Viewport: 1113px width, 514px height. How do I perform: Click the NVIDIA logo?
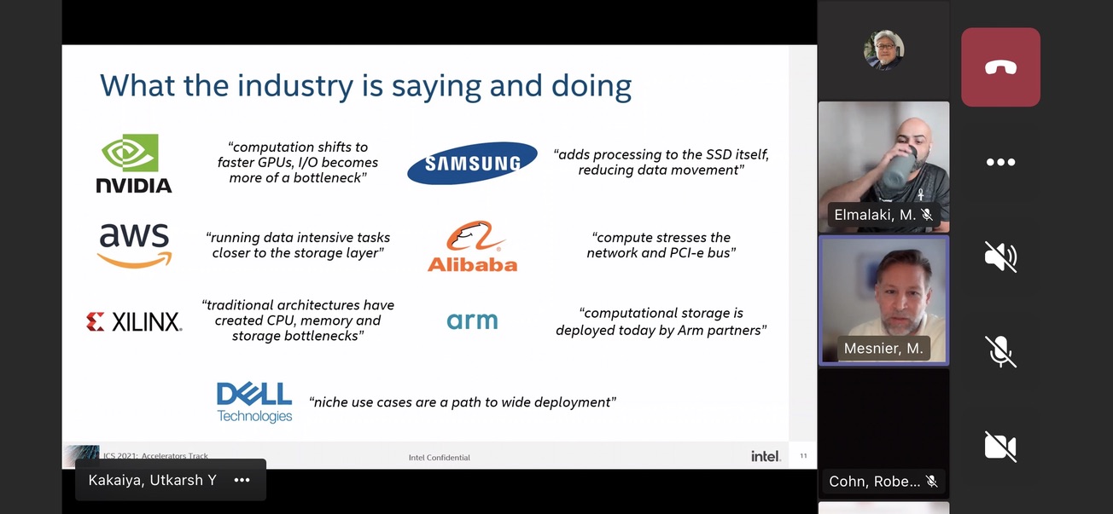click(x=134, y=163)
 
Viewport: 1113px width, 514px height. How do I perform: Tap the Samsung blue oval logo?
click(x=472, y=163)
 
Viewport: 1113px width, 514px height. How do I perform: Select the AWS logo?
click(x=135, y=245)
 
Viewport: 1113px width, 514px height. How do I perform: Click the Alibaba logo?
click(x=472, y=246)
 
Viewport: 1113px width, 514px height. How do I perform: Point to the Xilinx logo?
click(x=134, y=321)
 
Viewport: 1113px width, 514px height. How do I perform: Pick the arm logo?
click(x=472, y=321)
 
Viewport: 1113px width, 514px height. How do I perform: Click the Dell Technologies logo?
click(x=254, y=402)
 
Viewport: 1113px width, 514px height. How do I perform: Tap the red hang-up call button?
click(x=1000, y=67)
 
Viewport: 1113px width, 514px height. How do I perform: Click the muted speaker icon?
click(x=1000, y=257)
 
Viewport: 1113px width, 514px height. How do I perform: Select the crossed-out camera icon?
click(x=1000, y=447)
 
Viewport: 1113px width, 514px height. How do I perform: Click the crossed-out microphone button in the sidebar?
click(x=1000, y=352)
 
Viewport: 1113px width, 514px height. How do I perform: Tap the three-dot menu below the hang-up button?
click(x=1000, y=162)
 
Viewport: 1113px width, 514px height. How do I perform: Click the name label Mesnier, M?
click(x=883, y=349)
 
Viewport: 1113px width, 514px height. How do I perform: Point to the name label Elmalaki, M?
click(x=875, y=215)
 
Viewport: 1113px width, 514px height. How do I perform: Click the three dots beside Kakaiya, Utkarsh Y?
click(x=242, y=480)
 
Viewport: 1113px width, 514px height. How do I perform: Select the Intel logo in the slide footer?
click(x=766, y=456)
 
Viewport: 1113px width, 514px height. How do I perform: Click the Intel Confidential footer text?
click(x=440, y=458)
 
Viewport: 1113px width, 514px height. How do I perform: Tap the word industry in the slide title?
click(x=295, y=86)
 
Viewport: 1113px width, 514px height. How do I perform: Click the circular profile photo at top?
click(x=883, y=49)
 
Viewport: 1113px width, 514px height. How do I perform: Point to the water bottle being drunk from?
click(x=897, y=167)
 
